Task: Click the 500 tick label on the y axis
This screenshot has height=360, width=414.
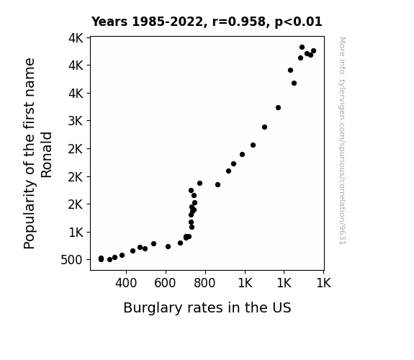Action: click(x=71, y=260)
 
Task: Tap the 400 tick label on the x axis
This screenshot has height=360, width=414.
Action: click(x=126, y=283)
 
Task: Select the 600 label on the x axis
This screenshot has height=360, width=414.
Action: click(x=165, y=283)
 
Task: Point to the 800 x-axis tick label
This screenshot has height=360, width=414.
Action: click(x=204, y=283)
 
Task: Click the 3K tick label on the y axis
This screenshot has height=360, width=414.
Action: click(x=76, y=121)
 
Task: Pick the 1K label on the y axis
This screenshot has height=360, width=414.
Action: click(x=76, y=233)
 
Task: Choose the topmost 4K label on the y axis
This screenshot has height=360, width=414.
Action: click(x=76, y=38)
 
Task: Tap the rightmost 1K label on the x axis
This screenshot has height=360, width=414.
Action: click(x=323, y=283)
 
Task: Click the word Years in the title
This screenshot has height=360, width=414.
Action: click(x=109, y=22)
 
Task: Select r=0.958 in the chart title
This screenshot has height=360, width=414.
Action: click(x=239, y=22)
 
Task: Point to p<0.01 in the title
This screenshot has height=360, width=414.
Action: click(x=298, y=22)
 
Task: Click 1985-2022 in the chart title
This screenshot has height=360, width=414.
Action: click(x=167, y=22)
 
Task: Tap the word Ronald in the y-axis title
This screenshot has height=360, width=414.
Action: click(x=47, y=155)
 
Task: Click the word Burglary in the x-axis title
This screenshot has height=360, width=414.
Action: click(x=153, y=308)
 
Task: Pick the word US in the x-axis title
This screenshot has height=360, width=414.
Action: click(x=282, y=307)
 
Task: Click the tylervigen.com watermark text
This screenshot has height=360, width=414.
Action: click(x=343, y=141)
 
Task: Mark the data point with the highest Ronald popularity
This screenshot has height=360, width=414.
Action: click(x=302, y=48)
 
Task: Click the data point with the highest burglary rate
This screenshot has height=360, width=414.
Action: click(x=313, y=51)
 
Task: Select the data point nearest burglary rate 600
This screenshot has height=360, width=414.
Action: click(x=168, y=247)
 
